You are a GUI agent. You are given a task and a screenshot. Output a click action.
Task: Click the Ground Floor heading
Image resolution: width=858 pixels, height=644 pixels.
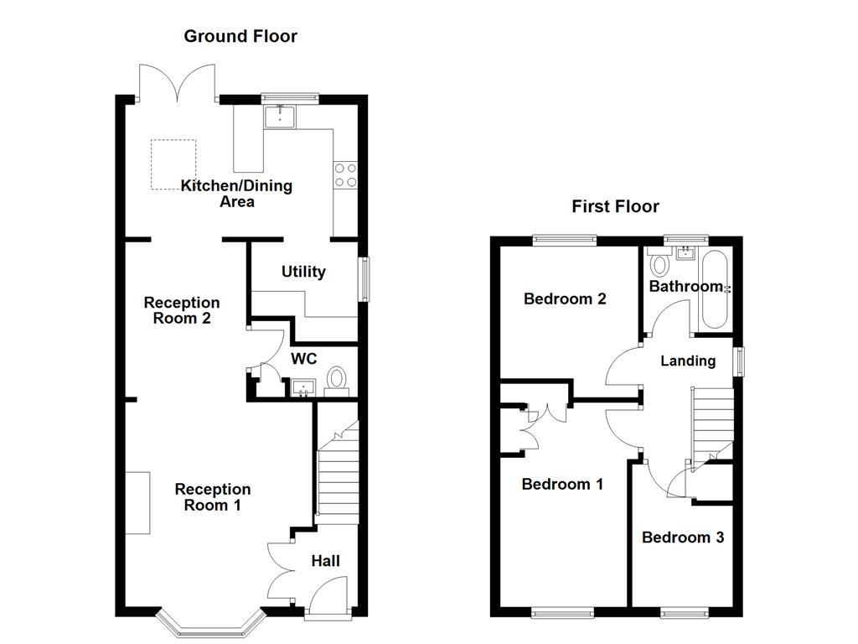[x=240, y=36]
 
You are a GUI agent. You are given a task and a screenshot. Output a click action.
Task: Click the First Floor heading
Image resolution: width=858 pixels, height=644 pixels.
[x=615, y=206]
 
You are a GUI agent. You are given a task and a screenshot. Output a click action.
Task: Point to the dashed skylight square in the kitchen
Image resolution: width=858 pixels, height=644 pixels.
[x=173, y=164]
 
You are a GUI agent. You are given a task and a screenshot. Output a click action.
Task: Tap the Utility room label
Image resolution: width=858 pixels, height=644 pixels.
[x=303, y=272]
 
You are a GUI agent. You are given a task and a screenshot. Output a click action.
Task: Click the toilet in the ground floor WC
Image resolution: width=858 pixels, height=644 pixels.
[x=338, y=378]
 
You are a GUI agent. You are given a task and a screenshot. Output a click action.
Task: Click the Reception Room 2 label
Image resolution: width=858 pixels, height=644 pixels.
[x=182, y=310]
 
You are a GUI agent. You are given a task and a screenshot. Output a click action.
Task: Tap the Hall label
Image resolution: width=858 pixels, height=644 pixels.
[x=326, y=560]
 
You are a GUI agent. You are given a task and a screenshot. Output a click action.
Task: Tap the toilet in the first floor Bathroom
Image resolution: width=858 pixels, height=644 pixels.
[x=659, y=265]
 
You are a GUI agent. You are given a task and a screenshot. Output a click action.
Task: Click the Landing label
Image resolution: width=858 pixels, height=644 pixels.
[x=688, y=361]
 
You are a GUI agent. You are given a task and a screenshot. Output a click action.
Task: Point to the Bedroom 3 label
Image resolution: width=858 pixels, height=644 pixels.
[x=683, y=538]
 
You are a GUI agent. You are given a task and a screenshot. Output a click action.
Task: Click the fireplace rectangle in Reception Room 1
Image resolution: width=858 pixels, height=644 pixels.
[x=138, y=502]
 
